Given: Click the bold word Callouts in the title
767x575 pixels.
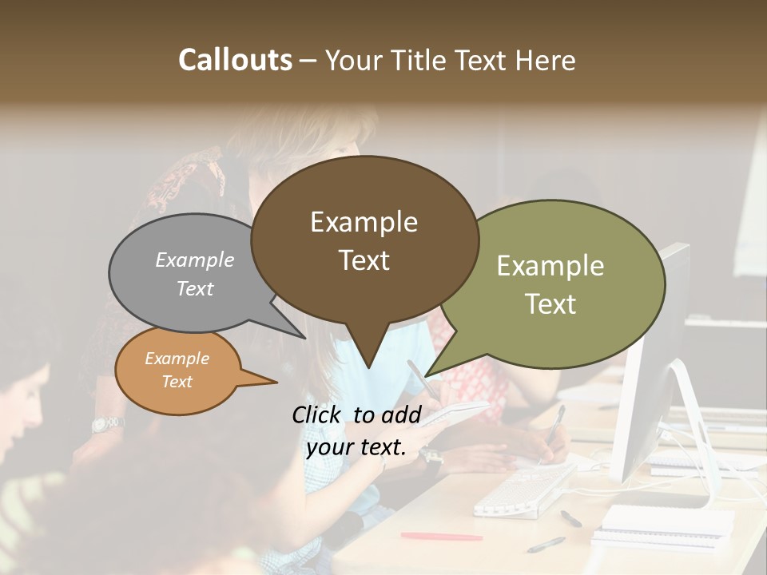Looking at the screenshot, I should click(236, 60).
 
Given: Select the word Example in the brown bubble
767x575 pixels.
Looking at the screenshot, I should click(364, 222).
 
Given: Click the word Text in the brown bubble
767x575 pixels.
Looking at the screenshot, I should click(364, 260).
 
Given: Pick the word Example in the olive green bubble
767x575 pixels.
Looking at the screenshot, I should click(550, 266).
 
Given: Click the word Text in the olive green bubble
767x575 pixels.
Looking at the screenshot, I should click(550, 304).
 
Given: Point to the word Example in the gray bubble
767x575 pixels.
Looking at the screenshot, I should click(194, 260).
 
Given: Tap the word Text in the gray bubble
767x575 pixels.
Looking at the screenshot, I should click(194, 288).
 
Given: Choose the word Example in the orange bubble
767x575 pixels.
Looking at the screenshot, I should click(177, 359).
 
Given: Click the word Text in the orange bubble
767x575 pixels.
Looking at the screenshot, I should click(177, 382).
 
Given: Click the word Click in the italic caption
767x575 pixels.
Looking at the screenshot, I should click(320, 414).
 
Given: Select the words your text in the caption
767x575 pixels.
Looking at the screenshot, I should click(356, 447).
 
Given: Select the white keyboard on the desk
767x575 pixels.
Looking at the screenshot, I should click(523, 489).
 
